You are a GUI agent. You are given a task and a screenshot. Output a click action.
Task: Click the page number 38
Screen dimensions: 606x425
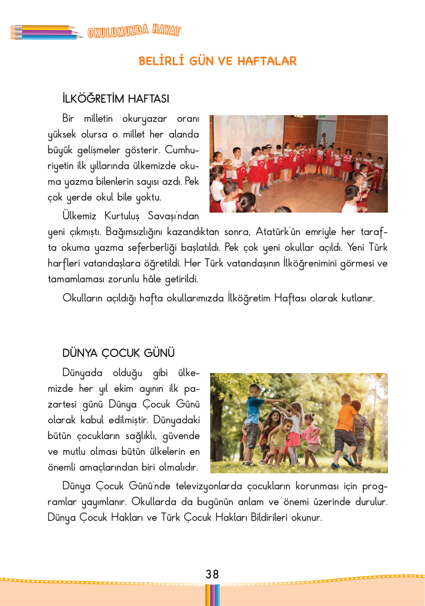(212, 574)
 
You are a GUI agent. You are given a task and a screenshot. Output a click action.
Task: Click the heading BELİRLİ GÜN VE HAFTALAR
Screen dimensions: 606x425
(217, 61)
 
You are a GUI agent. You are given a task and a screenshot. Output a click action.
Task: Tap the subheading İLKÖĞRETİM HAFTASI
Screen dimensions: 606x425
(116, 99)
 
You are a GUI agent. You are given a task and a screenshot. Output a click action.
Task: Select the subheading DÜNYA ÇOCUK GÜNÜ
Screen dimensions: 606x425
(118, 353)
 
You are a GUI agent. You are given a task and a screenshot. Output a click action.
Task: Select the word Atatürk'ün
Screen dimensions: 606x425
(278, 232)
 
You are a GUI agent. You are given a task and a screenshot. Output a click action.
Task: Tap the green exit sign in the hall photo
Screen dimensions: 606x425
(321, 117)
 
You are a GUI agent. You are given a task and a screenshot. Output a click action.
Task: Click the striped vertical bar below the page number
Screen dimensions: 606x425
(212, 595)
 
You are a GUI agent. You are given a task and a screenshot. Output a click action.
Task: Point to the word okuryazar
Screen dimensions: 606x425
(144, 119)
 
